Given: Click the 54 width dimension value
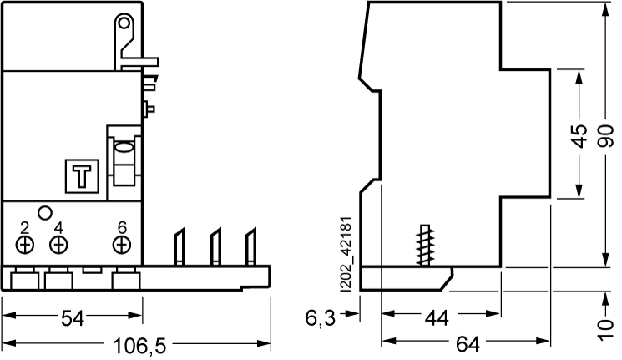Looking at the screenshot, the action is [x=73, y=318].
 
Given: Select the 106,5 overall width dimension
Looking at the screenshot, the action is [x=139, y=346].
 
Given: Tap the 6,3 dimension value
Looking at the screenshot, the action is [x=321, y=318].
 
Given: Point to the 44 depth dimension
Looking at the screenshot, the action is [x=437, y=318].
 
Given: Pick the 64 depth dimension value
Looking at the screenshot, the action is [x=468, y=344].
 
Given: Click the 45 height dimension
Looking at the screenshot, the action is [x=580, y=136].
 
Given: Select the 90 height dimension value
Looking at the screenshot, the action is [x=606, y=136].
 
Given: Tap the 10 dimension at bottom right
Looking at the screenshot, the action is [x=606, y=329].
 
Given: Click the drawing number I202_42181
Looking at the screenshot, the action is [x=346, y=255].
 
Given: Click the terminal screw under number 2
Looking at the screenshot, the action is [x=25, y=245].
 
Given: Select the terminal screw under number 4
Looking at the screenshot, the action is [x=58, y=245].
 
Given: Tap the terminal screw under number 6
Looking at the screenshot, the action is [x=122, y=245].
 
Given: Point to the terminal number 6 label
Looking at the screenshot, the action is [x=122, y=227].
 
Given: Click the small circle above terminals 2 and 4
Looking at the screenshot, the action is [x=45, y=213].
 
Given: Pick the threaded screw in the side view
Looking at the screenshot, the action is [x=425, y=245].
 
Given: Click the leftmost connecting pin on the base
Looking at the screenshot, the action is [x=180, y=246].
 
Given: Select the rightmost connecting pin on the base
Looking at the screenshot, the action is [x=250, y=246].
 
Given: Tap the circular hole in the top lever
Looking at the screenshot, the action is [x=124, y=23].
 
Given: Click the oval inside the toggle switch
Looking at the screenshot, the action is [x=124, y=148].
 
